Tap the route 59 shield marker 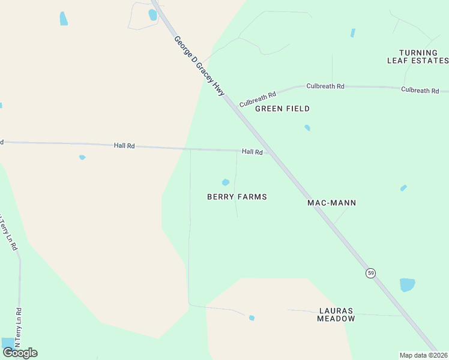coord(371,273)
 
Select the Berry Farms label coord(237,197)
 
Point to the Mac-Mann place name coord(331,203)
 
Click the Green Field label coord(282,109)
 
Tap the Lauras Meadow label coord(336,315)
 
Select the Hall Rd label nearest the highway coord(252,152)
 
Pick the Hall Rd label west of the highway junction coord(124,146)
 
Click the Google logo coord(20,353)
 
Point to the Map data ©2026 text coord(423,355)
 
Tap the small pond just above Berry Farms coord(226,182)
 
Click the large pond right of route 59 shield coord(407,284)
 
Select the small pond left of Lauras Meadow coord(252,318)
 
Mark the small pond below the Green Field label coord(307,128)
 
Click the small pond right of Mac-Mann coord(403,188)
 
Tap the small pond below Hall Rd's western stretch coord(82,158)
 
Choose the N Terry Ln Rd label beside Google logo coord(19,327)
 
